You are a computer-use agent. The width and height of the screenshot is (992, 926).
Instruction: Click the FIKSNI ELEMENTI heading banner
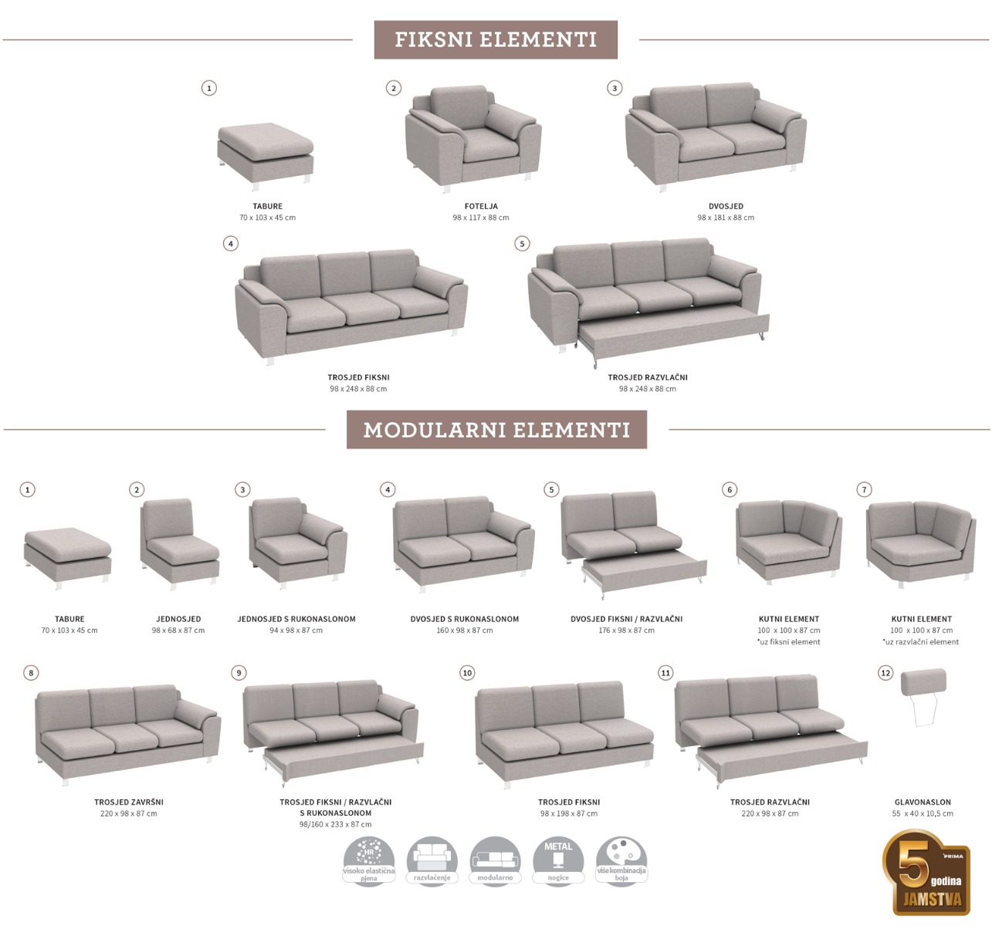pos(496,40)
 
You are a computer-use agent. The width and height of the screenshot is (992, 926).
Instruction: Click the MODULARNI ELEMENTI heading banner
pos(496,430)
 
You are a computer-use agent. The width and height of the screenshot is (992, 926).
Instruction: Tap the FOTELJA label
pos(481,206)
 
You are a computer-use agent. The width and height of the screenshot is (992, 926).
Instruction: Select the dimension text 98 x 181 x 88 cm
pos(726,218)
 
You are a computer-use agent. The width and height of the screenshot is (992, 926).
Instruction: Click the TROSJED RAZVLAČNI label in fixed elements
pos(647,377)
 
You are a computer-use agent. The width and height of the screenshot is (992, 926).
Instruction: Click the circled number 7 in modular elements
pos(865,489)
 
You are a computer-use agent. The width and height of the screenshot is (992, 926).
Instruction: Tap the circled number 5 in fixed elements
pos(522,244)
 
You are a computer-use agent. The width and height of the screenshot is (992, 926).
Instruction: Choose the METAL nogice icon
pos(558,860)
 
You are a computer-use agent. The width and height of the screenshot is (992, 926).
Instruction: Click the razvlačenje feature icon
pos(432,860)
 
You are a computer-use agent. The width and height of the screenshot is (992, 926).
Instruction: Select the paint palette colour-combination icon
pos(621,860)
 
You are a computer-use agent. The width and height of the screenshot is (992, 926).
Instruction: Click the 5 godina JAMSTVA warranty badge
pos(926,872)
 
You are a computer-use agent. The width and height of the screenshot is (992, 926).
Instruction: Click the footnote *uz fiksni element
pos(788,642)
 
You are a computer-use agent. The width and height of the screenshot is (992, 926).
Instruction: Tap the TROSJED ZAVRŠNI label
pos(129,802)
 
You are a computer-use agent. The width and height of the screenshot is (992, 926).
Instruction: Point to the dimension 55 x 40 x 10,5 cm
pos(923,813)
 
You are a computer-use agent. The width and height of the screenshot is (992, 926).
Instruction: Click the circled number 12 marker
pos(885,673)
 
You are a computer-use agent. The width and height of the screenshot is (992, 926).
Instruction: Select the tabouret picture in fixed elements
pos(265,152)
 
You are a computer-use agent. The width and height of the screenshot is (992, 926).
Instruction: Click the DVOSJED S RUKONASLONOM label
pos(465,619)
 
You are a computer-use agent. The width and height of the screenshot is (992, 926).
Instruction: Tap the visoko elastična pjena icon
pos(368,860)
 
